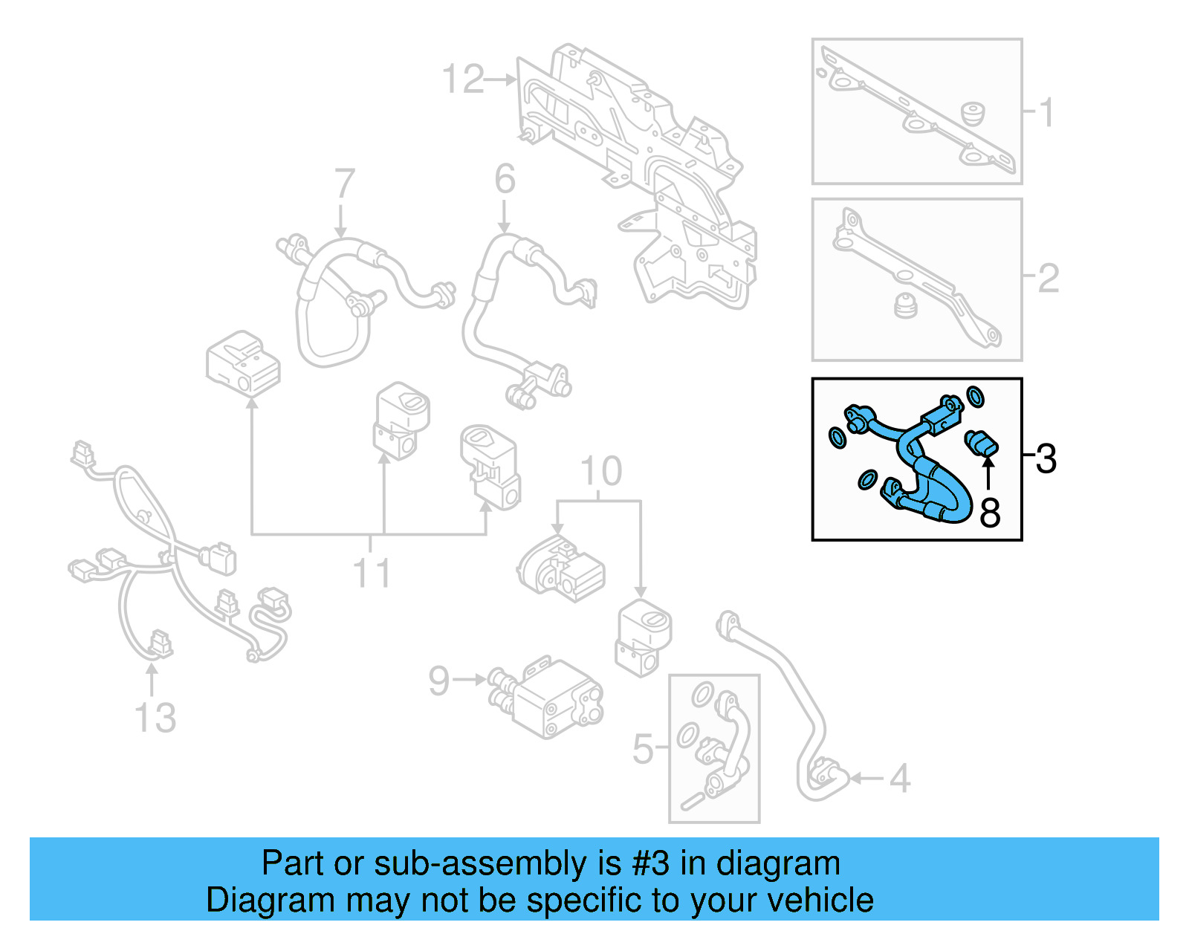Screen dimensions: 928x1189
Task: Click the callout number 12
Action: [x=463, y=79]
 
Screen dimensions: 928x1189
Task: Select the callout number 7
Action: [x=344, y=184]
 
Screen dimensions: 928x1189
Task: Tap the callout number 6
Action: [x=505, y=179]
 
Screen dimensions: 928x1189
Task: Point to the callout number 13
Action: [x=155, y=718]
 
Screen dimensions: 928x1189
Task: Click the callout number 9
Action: [x=439, y=680]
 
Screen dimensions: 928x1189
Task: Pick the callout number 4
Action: [x=900, y=779]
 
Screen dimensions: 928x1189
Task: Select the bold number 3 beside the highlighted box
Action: [x=1046, y=458]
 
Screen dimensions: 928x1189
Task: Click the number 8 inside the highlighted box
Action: [x=990, y=513]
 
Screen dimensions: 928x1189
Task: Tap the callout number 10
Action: [x=600, y=471]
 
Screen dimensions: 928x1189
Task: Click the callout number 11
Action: [x=371, y=573]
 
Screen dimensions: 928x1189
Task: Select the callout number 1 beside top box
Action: [x=1046, y=113]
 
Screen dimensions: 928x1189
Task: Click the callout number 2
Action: [x=1048, y=278]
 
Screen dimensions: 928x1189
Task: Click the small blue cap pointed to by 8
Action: [x=981, y=443]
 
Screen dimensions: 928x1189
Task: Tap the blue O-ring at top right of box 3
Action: [x=975, y=397]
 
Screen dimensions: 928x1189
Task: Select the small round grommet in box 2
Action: [x=904, y=305]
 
